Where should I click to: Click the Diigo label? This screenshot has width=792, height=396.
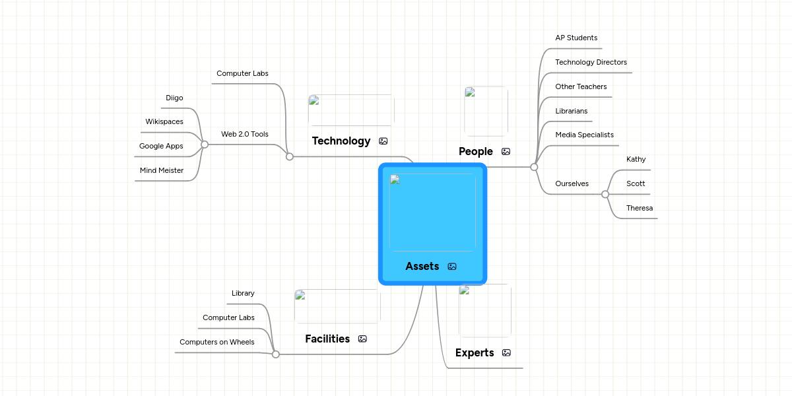coord(174,98)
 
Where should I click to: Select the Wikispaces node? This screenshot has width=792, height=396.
coord(164,121)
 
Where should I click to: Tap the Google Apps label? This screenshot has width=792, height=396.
coord(161,146)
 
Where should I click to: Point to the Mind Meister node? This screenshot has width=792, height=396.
coord(162,170)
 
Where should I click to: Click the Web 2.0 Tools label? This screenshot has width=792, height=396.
coord(245,134)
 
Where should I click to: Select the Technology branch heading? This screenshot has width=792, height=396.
coord(341,141)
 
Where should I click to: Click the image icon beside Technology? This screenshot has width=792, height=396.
coord(383,141)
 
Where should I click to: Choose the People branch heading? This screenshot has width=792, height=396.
coord(476,151)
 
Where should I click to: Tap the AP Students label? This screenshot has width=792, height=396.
coord(576,38)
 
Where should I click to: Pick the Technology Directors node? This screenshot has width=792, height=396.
coord(591,62)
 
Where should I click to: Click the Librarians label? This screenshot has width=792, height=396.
coord(572,111)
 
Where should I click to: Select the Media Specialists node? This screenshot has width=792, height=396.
coord(585,135)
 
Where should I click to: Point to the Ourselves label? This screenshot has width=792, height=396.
coord(572,183)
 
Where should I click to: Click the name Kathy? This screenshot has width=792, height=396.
coord(636,159)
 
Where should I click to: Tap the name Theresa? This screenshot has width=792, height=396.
coord(640,208)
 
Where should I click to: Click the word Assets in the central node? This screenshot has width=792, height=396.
coord(422,266)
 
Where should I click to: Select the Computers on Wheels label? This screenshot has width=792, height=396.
coord(217,342)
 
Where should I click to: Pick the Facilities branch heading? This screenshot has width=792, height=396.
coord(327,339)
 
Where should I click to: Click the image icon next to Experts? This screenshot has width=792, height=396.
coord(506,352)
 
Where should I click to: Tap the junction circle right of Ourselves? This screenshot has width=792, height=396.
coord(605,194)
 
